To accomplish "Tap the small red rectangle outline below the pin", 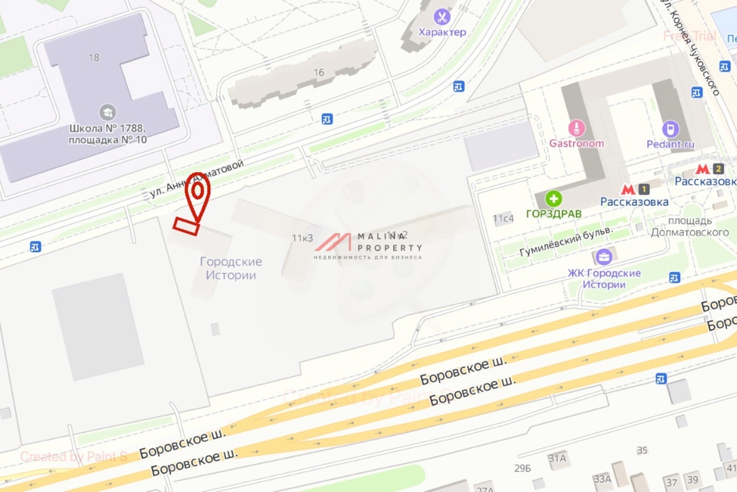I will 186,226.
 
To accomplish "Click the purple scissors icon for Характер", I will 442,17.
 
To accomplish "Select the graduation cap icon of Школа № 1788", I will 107,112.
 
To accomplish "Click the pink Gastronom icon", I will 576,128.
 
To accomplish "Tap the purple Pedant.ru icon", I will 670,129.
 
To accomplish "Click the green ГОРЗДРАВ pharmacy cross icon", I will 554,198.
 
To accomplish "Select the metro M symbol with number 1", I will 634,189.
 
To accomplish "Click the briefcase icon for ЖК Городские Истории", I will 603,257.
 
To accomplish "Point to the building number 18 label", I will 93,57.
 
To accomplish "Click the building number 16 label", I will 318,73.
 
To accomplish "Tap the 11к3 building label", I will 302,238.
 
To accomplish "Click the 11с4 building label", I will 503,218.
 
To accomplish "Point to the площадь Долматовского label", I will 681,226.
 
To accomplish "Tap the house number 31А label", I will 557,458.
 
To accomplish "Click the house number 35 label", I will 642,450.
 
